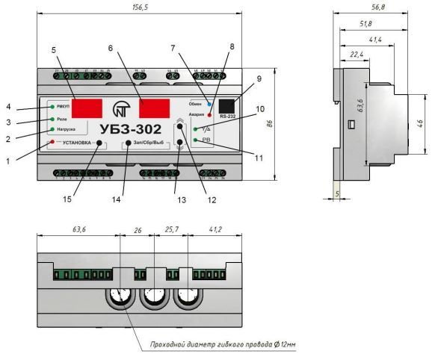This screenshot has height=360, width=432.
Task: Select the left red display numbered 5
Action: tap(87, 108)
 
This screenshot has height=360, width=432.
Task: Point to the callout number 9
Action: tap(259, 78)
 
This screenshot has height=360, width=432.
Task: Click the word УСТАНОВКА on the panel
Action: tap(75, 142)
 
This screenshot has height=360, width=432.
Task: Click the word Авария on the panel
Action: tap(197, 116)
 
